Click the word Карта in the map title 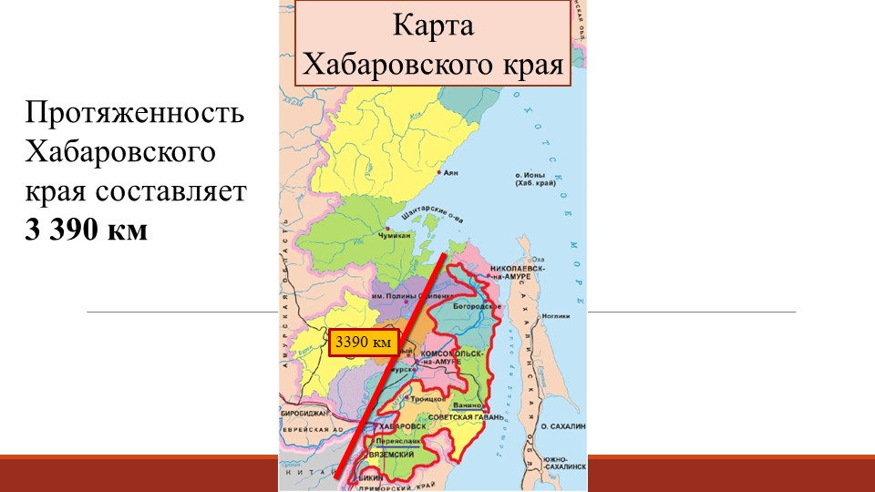pos(434,25)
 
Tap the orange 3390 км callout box pos(364,343)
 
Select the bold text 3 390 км pos(86,229)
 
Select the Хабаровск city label pos(400,426)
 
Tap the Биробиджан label pos(302,414)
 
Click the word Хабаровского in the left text pos(121,152)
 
